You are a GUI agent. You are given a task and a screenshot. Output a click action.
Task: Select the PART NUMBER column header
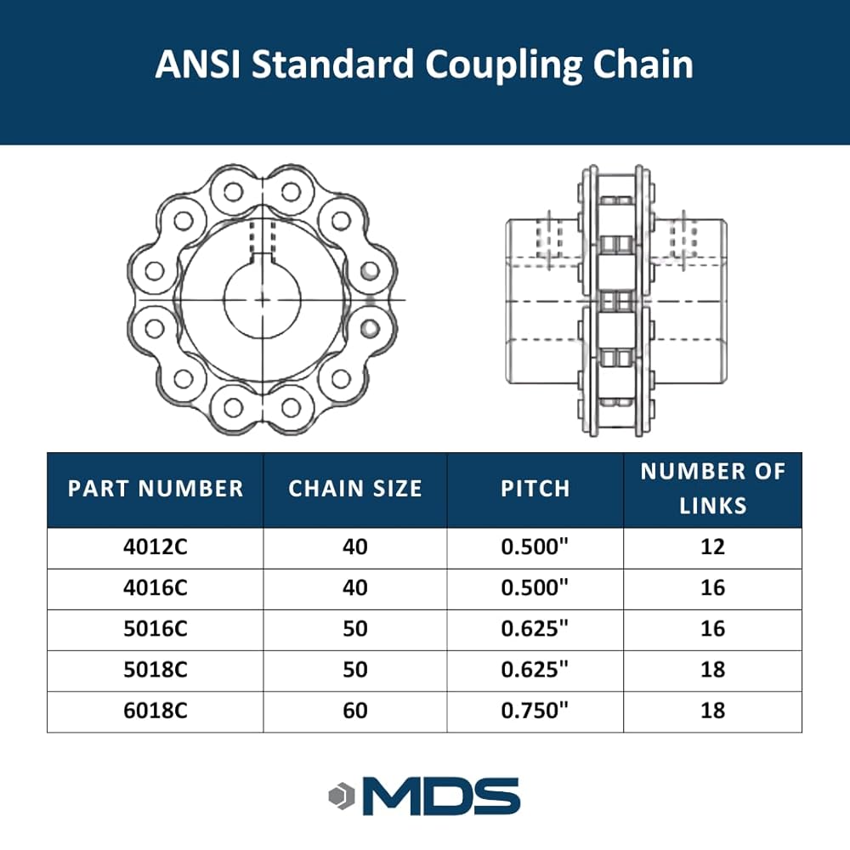(x=156, y=489)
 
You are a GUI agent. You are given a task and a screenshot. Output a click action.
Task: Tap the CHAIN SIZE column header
(x=355, y=489)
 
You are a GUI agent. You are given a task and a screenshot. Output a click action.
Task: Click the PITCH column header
(x=535, y=489)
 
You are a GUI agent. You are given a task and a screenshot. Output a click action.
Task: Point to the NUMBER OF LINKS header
(x=712, y=489)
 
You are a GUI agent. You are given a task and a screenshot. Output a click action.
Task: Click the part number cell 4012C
(x=156, y=547)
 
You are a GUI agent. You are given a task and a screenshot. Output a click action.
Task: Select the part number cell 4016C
(x=156, y=587)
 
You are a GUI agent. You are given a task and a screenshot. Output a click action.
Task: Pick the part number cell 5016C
(x=156, y=628)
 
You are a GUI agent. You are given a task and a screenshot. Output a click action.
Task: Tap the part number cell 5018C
(x=156, y=669)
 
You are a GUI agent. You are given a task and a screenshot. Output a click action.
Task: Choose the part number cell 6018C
(x=156, y=710)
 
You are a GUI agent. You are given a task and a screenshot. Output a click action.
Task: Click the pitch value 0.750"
(x=535, y=710)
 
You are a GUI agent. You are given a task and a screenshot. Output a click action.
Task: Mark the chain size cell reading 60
(x=355, y=710)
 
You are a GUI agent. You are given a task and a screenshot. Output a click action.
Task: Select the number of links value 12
(x=712, y=547)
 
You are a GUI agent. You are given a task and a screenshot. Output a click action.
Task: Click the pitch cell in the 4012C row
(x=535, y=547)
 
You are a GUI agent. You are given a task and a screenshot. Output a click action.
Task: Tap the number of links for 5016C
(x=712, y=628)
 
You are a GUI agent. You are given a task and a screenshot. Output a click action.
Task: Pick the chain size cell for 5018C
(x=355, y=669)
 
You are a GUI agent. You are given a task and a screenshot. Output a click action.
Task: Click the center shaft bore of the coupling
(x=263, y=299)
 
